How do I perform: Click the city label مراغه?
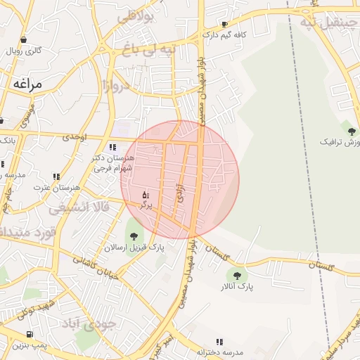(x=27, y=84)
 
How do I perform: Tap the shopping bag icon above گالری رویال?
(x=24, y=39)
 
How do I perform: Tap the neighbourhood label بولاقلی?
(x=134, y=19)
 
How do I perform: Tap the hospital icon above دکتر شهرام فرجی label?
(x=112, y=147)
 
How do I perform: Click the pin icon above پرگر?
(x=146, y=194)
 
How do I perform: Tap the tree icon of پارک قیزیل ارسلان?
(x=133, y=236)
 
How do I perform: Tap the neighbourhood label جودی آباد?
(x=91, y=326)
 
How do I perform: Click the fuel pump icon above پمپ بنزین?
(x=29, y=335)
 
